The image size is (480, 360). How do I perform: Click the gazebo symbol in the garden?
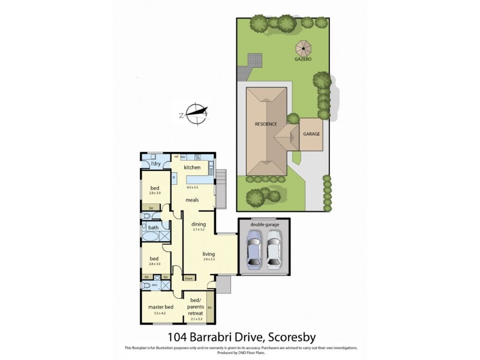(x=301, y=47)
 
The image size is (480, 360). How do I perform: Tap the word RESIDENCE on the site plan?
(x=266, y=124)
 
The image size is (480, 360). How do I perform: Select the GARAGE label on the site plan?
(x=311, y=134)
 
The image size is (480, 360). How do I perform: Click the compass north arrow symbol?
(x=196, y=112)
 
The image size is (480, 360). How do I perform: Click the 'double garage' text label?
(x=264, y=224)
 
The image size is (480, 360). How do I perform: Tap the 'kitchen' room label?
(x=192, y=167)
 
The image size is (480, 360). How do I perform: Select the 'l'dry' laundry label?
(x=155, y=164)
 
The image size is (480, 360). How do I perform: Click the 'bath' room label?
(x=154, y=227)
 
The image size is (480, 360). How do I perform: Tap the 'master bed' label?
(x=160, y=307)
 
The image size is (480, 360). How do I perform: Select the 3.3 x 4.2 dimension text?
(x=160, y=313)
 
